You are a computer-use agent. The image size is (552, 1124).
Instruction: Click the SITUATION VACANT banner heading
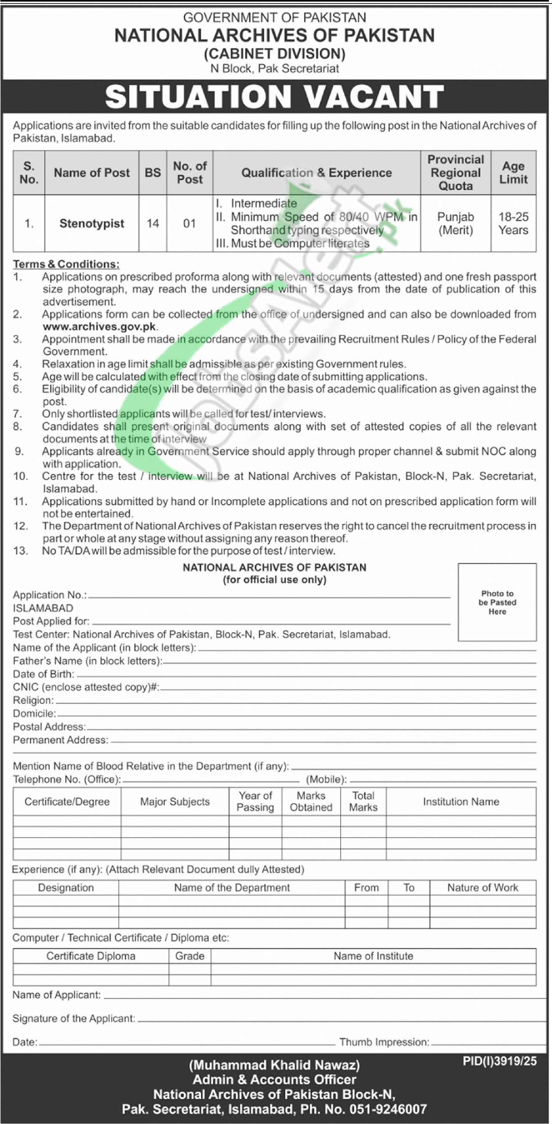pos(274,97)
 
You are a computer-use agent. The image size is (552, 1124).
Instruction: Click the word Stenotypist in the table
pos(92,224)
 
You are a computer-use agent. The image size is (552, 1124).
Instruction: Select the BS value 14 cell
pos(153,224)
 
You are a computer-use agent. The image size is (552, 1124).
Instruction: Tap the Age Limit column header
pos(513,173)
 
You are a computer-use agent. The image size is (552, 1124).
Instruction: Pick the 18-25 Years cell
pos(513,224)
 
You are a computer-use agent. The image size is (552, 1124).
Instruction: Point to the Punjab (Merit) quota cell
pos(455,224)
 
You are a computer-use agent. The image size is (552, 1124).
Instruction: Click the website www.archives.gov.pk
pos(100,327)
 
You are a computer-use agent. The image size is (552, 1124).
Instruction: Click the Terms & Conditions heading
pos(66,264)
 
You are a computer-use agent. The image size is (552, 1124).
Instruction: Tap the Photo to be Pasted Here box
pos(497,602)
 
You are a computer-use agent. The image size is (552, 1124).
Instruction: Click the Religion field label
pos(33,700)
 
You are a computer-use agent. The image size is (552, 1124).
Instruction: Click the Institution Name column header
pos(461,802)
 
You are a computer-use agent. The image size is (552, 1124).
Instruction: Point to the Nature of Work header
pos(482,888)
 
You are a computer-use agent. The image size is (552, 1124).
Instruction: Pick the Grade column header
pos(189,956)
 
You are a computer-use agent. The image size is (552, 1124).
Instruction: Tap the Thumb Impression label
pos(384,1042)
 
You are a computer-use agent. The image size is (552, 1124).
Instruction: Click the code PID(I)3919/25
pos(500,1061)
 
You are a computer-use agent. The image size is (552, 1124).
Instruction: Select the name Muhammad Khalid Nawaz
pos(274,1065)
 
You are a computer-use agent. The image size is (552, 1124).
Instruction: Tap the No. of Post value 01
pos(189,224)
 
